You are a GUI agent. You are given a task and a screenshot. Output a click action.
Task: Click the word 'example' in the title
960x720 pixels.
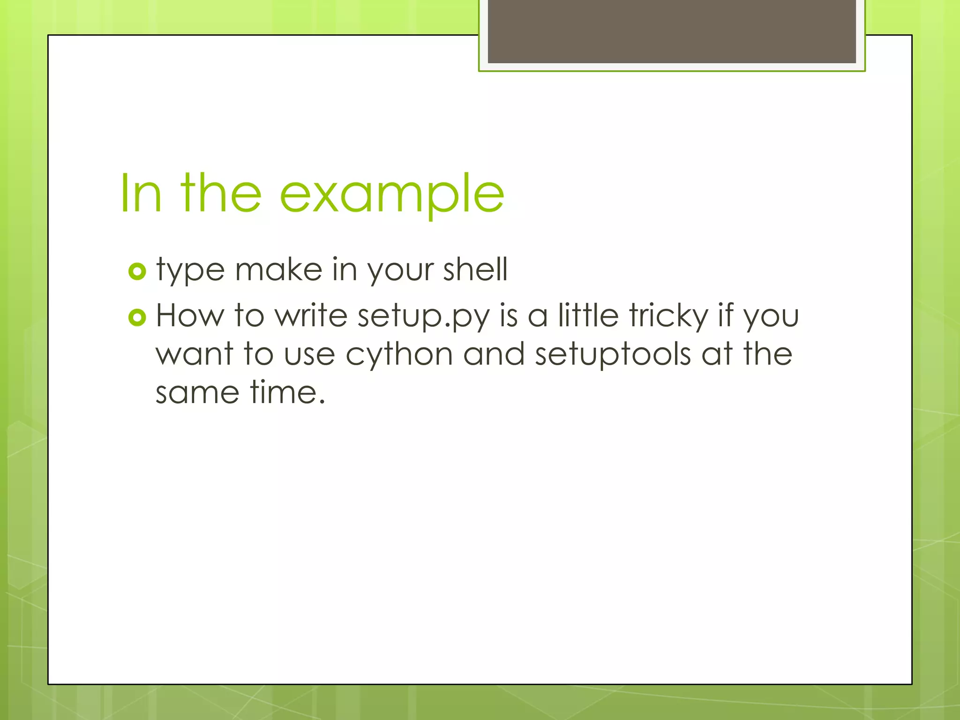point(392,194)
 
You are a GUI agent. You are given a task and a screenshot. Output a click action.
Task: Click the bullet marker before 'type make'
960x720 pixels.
point(137,271)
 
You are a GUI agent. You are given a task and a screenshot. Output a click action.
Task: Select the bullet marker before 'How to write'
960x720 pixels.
point(137,318)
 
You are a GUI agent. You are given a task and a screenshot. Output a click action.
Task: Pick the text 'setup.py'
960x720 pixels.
point(423,316)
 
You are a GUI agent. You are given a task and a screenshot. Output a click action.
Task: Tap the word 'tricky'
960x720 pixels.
point(668,315)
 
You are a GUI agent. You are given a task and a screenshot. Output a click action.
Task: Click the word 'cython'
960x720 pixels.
point(399,355)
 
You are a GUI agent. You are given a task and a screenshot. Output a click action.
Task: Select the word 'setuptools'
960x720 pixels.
point(613,355)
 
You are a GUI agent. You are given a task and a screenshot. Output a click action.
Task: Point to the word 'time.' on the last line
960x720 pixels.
point(287,392)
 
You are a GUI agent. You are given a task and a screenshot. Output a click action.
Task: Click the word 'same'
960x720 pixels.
point(197,393)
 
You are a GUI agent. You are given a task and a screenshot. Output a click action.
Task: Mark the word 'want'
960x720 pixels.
point(194,354)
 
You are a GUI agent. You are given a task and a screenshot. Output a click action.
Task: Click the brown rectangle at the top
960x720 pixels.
point(672,31)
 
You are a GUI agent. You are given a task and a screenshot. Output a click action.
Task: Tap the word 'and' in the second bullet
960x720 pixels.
point(494,354)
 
